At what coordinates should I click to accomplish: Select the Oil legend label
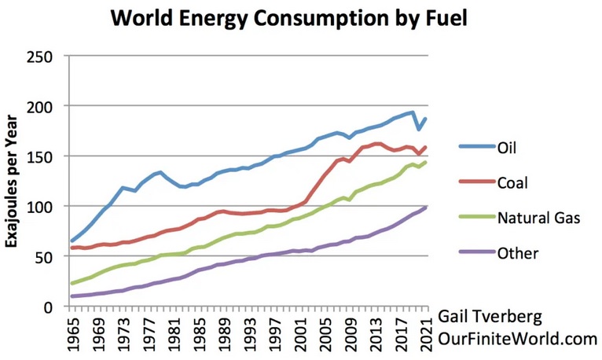[508, 146]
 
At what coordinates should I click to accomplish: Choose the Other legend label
[518, 254]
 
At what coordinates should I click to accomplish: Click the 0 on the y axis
[53, 307]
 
